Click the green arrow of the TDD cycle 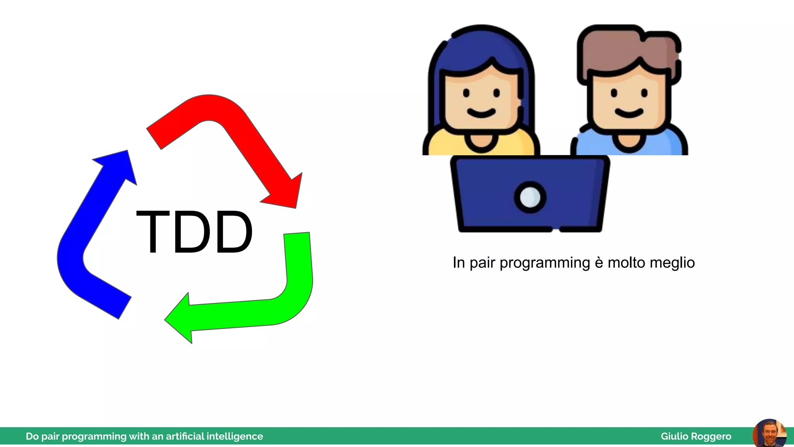[x=299, y=279]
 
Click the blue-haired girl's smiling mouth [x=481, y=113]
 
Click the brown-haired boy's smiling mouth [x=629, y=113]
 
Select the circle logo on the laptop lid [x=530, y=197]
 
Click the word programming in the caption [x=545, y=263]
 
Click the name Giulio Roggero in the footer [x=696, y=437]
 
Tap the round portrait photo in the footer [x=769, y=434]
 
